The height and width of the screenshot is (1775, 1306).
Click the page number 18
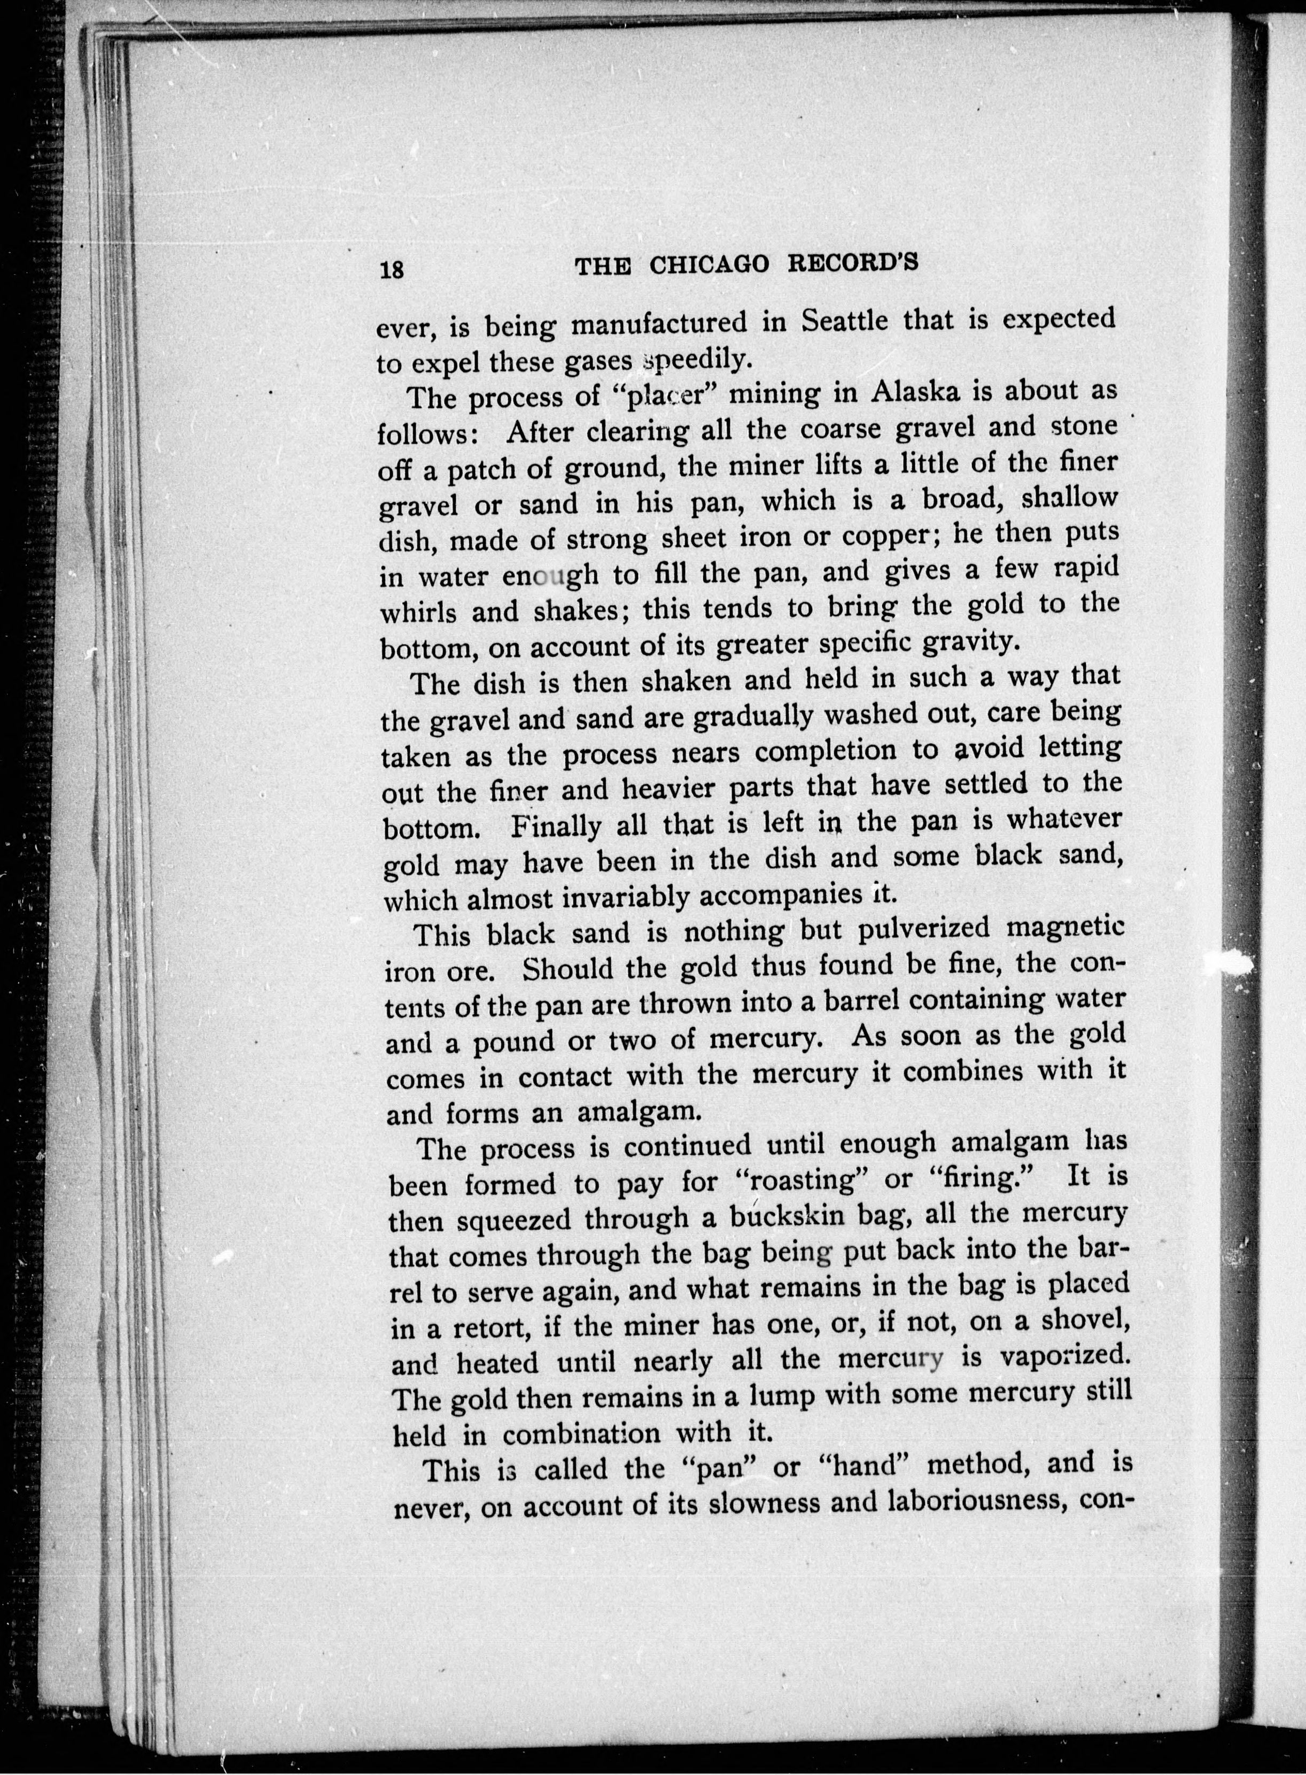393,269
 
